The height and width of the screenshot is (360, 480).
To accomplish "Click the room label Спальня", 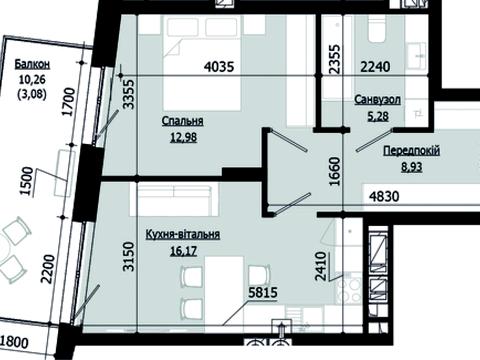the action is (182, 121).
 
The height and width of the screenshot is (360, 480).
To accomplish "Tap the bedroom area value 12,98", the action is (183, 137).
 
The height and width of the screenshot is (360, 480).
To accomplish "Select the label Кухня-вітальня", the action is (183, 234).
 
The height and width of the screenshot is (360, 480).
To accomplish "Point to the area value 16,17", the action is (183, 251).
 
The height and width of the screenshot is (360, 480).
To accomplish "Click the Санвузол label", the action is (378, 100).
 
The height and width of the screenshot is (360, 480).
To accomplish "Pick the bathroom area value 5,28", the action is (378, 116).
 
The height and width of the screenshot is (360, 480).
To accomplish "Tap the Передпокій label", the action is (412, 151).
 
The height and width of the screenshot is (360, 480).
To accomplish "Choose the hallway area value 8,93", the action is (412, 166).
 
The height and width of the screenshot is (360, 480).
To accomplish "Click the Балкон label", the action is (32, 64).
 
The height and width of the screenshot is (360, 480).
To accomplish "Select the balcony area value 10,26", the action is (32, 80).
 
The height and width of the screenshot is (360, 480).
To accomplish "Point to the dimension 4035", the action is (219, 67).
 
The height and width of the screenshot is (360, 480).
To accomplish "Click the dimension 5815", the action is (263, 293).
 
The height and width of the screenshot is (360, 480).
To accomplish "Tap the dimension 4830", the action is (384, 196).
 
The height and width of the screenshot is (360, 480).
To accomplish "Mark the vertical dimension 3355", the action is (128, 94).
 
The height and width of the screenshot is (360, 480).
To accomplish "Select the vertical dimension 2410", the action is (320, 267).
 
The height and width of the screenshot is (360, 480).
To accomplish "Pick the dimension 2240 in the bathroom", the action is (376, 67).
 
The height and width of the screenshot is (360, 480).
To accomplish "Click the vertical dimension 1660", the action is (335, 171).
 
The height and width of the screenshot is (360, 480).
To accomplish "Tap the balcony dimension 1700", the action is (69, 102).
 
